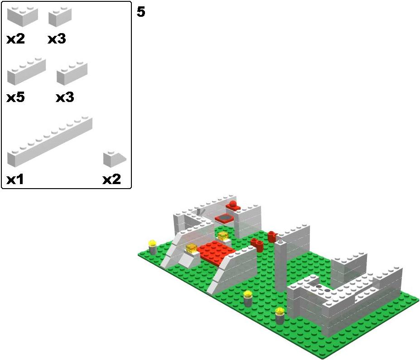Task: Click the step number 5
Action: click(x=141, y=12)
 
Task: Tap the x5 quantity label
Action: click(x=15, y=97)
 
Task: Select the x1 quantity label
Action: click(x=15, y=180)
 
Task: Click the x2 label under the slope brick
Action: click(x=112, y=180)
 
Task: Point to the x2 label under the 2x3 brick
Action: click(x=15, y=39)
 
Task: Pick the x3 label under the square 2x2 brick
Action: click(x=57, y=39)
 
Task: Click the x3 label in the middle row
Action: click(x=65, y=97)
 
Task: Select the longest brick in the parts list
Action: click(x=50, y=141)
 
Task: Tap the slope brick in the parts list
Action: click(x=115, y=159)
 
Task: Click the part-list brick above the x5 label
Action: click(x=26, y=71)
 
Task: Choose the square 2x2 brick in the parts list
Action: click(x=60, y=17)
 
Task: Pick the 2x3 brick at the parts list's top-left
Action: click(x=23, y=17)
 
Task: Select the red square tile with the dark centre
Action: click(x=224, y=219)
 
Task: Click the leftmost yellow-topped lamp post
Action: click(x=153, y=247)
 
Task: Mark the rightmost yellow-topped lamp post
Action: click(x=280, y=316)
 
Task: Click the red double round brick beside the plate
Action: click(x=257, y=245)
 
